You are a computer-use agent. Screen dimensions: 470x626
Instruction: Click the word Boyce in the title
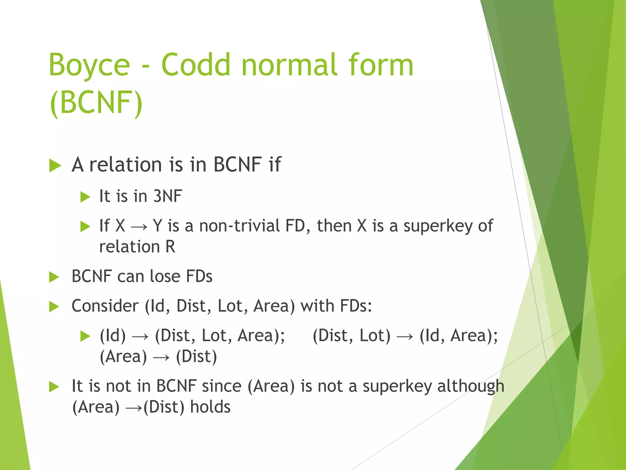pos(89,65)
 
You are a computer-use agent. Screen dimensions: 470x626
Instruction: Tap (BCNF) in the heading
pos(96,102)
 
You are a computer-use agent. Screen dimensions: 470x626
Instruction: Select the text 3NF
pos(168,196)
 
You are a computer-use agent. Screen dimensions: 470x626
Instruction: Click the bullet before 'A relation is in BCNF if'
pos(55,166)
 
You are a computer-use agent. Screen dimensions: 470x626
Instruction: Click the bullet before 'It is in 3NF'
pos(85,197)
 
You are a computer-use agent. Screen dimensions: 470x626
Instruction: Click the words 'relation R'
pos(137,247)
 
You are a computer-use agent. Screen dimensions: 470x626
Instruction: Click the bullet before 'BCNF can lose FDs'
pos(54,277)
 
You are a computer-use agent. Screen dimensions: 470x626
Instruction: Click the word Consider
pos(105,306)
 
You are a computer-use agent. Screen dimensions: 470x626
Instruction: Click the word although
pos(470,386)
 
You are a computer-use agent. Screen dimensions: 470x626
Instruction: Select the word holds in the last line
pos(210,407)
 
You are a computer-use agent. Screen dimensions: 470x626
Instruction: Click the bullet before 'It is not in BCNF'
pos(54,387)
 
